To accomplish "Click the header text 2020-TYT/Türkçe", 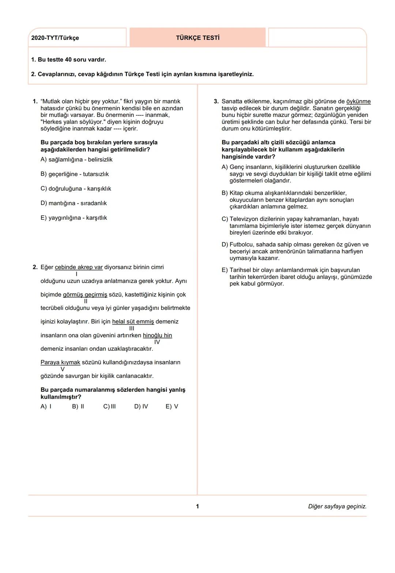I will click(55, 38).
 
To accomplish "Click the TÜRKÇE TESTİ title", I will click(197, 38).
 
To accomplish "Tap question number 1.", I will click(35, 102).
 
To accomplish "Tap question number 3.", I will click(216, 102).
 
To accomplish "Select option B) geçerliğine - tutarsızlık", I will click(75, 174).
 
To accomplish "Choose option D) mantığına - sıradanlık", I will click(74, 203).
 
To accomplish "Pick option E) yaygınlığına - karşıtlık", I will click(74, 218).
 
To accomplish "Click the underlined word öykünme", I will click(358, 102).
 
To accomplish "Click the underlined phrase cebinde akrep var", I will click(79, 267).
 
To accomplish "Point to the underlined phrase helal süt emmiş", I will click(133, 322).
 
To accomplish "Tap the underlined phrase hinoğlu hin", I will click(157, 335).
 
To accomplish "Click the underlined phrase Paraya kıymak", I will click(60, 363).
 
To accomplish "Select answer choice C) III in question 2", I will click(109, 406).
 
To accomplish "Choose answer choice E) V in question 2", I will click(172, 406).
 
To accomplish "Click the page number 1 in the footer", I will click(197, 506).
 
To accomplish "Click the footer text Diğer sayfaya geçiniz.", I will click(337, 506).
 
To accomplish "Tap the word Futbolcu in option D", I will click(241, 245).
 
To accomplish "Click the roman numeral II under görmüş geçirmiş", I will click(86, 301).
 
